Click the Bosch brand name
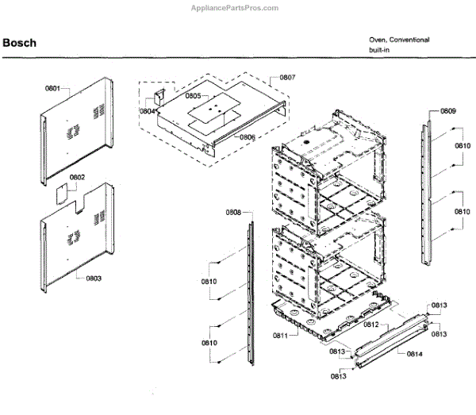(x=19, y=43)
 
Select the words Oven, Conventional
(x=399, y=39)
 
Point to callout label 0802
(x=77, y=177)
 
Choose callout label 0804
(x=148, y=112)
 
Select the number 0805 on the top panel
(x=193, y=96)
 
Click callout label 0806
(x=248, y=137)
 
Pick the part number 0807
(x=287, y=78)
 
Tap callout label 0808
(x=233, y=212)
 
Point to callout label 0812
(x=370, y=325)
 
